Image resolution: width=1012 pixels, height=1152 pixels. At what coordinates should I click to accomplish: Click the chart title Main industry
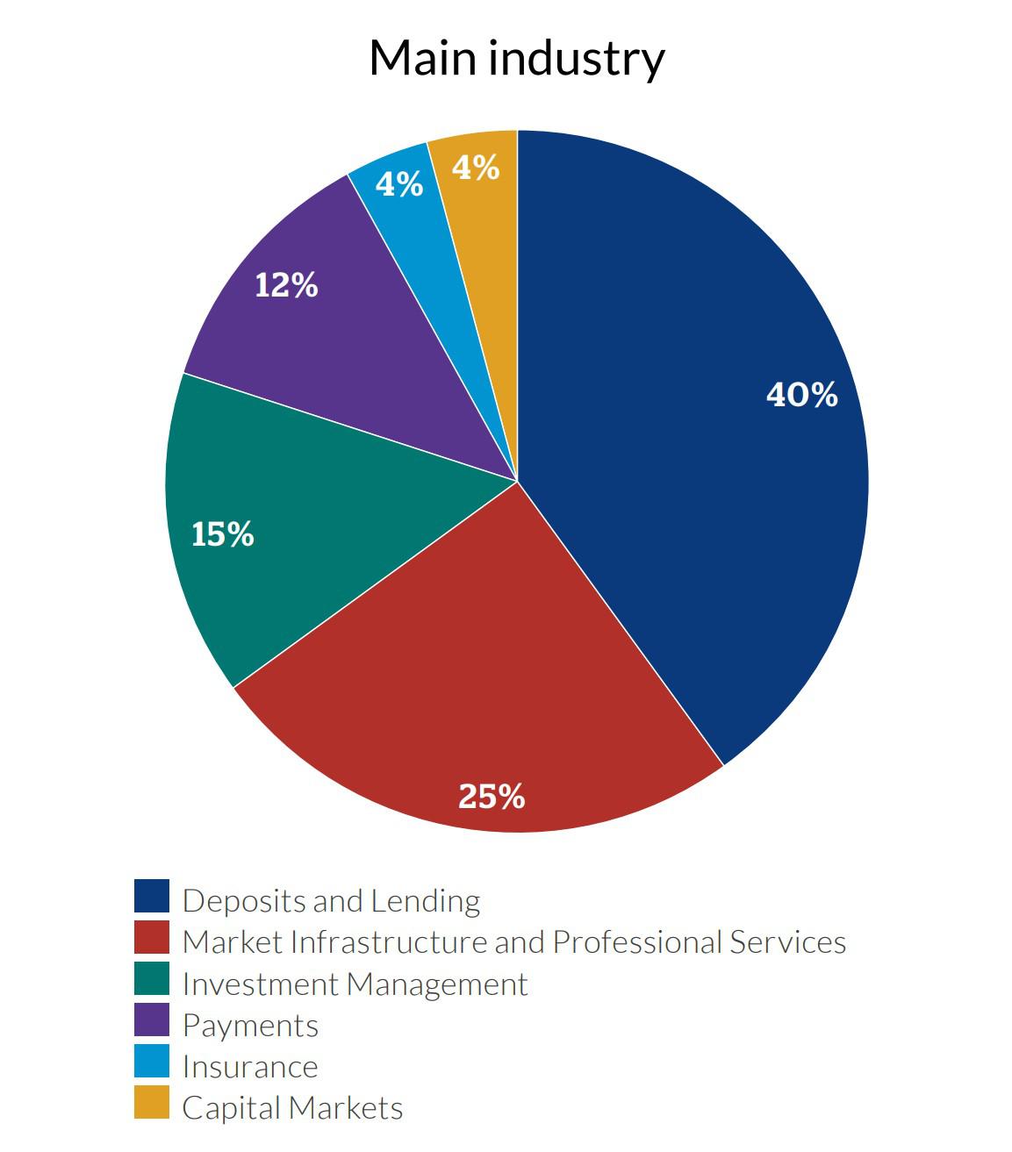(x=516, y=58)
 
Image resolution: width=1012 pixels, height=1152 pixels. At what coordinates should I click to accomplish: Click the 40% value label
(x=801, y=395)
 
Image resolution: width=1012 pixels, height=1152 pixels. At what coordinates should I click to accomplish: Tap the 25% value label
(x=492, y=796)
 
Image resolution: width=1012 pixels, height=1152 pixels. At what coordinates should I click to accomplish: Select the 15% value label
(x=222, y=533)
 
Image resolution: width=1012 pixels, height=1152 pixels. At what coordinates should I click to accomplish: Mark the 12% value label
(x=286, y=284)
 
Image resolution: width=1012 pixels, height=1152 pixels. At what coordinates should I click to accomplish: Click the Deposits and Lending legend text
(x=331, y=900)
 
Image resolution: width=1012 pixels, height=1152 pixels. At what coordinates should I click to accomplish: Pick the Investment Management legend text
(x=355, y=984)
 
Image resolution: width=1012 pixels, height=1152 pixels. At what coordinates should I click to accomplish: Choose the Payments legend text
(x=250, y=1025)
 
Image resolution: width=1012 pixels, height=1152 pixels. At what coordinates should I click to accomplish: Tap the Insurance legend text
(x=250, y=1066)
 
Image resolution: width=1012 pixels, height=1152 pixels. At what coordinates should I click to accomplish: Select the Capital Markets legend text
(x=292, y=1107)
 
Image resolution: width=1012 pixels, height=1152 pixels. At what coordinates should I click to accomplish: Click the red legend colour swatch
(x=151, y=937)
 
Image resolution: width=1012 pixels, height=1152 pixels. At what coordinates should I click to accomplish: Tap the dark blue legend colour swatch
(x=151, y=896)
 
